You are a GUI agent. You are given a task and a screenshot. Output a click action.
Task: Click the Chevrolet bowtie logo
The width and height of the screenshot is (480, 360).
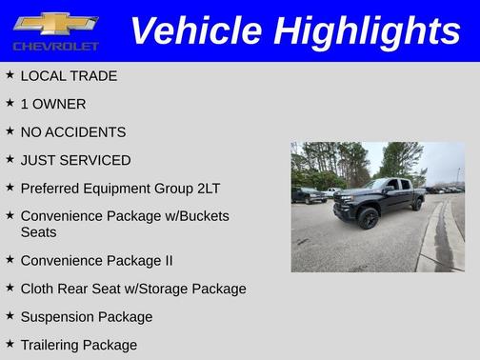tap(55, 24)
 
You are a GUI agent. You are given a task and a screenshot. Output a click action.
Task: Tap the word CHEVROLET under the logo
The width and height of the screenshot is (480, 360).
tap(55, 46)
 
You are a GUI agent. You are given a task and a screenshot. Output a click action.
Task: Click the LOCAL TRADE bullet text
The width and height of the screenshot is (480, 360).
tap(69, 76)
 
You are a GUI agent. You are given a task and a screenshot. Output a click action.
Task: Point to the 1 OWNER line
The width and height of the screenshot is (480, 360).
tap(53, 104)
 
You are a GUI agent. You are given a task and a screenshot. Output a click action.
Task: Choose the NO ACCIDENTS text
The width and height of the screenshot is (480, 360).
tap(73, 132)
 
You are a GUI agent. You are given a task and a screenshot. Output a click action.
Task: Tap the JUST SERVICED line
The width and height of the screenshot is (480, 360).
tap(75, 160)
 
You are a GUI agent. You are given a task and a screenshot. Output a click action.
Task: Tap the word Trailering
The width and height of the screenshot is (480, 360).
tap(50, 345)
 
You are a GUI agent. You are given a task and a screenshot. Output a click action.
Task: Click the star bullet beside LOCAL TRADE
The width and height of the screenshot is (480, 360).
tap(10, 74)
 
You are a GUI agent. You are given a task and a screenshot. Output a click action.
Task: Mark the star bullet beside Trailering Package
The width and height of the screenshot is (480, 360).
tap(10, 343)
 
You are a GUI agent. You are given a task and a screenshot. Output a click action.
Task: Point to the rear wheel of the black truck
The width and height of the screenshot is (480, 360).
tap(417, 203)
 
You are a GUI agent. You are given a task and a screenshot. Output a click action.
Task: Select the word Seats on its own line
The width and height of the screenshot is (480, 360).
tap(38, 231)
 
